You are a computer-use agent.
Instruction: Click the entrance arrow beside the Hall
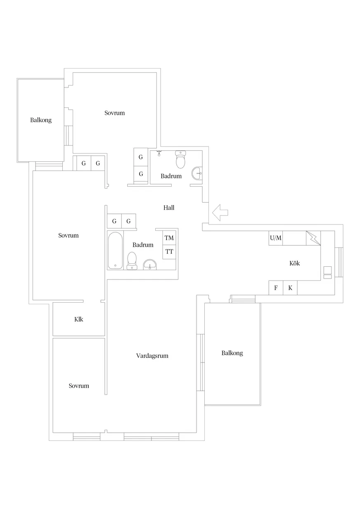pos(220,213)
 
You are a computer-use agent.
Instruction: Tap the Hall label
pos(169,208)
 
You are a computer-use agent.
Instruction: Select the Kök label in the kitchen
pos(294,263)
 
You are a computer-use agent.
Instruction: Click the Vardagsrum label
pos(152,355)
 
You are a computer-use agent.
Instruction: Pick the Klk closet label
pos(78,319)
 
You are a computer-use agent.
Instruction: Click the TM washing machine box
pos(169,238)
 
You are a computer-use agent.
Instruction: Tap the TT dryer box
pos(169,252)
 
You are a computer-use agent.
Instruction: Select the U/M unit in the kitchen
pos(276,238)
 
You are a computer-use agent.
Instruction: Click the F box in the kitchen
pos(276,288)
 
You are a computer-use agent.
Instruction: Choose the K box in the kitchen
pos(290,288)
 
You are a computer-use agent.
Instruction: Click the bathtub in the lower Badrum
pos(115,251)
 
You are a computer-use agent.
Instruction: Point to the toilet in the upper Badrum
pos(180,159)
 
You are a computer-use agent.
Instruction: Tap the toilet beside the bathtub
pos(132,261)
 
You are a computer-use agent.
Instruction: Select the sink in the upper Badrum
pos(197,173)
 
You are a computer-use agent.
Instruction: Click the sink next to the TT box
pos(150,265)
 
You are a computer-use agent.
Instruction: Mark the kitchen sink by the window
pos(327,272)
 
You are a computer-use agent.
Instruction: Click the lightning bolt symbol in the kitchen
pos(313,238)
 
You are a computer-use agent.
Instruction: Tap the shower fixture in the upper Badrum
pos(159,153)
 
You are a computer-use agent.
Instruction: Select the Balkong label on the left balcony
pos(41,120)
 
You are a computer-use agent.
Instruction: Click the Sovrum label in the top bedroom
pos(114,113)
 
